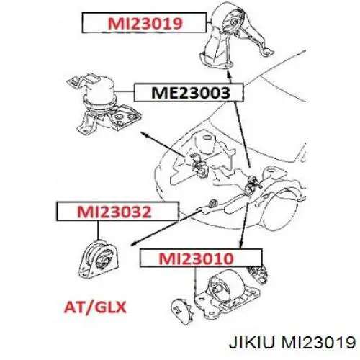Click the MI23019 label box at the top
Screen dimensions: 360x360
click(x=144, y=23)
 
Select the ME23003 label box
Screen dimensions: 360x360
click(x=189, y=92)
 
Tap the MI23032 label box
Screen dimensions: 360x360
click(x=118, y=211)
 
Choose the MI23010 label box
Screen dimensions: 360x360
click(x=201, y=258)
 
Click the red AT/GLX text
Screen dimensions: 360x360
click(x=95, y=307)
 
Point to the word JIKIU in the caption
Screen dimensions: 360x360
click(x=251, y=342)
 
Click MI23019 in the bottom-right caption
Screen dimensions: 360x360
click(x=318, y=342)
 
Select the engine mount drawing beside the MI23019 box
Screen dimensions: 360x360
click(x=236, y=36)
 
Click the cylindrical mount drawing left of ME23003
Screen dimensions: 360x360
click(x=103, y=104)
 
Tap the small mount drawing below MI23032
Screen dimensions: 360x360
click(x=99, y=261)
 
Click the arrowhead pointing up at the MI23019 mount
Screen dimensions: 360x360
click(x=229, y=74)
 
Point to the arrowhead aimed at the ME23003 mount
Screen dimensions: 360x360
click(x=145, y=134)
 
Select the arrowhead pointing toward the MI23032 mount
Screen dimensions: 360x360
click(x=134, y=243)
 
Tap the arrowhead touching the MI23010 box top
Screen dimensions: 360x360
click(x=240, y=244)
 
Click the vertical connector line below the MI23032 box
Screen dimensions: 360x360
click(x=98, y=230)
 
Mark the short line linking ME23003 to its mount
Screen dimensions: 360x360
click(x=124, y=92)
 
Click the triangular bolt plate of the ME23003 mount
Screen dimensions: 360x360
click(x=124, y=118)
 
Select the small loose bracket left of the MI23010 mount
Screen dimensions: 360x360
click(x=181, y=312)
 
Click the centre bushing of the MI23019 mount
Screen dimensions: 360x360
click(x=233, y=23)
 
